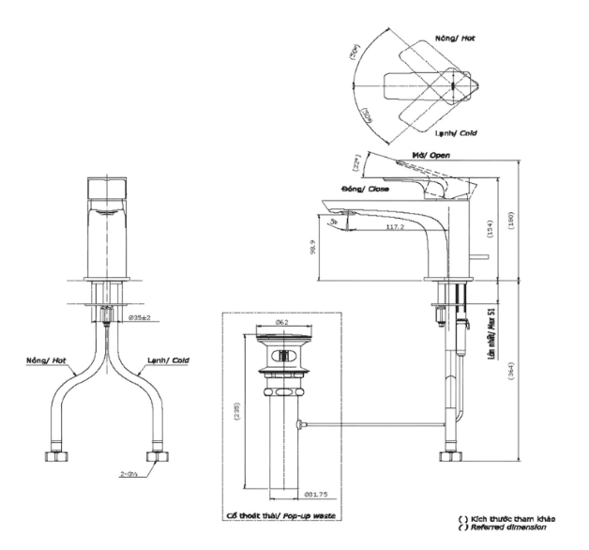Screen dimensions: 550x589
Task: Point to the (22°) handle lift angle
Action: [x=356, y=165]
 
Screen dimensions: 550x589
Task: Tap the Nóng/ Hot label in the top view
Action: [x=455, y=39]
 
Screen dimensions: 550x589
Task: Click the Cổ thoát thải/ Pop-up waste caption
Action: [x=280, y=517]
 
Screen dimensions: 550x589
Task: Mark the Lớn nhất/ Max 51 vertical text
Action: [x=490, y=324]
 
